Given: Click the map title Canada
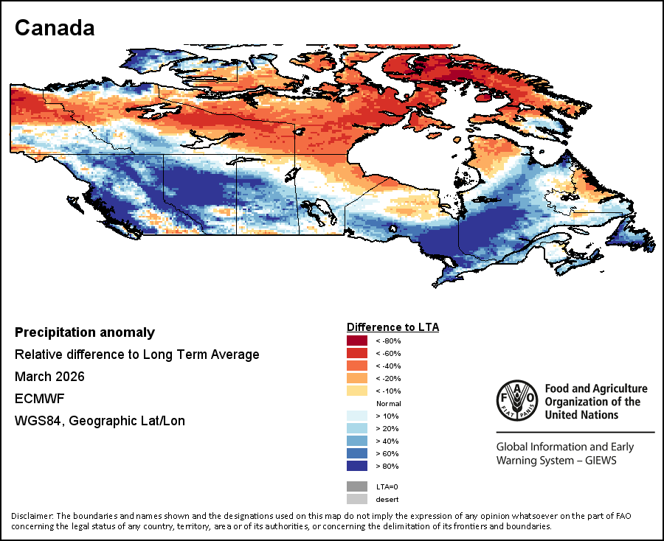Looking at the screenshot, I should point(55,28).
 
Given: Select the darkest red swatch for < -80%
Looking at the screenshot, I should point(356,341).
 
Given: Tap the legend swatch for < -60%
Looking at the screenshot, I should point(356,353).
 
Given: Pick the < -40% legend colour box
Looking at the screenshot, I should point(356,366).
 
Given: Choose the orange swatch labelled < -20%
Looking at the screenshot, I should point(356,378).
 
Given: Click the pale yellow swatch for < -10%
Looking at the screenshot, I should point(356,391).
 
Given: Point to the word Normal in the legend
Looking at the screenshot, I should point(389,404).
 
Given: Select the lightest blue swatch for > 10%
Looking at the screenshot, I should point(356,416).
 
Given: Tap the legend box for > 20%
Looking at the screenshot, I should point(356,428).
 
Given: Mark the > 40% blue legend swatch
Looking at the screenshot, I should point(356,441).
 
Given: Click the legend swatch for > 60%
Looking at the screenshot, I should point(356,453).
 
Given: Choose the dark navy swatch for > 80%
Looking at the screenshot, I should point(356,466).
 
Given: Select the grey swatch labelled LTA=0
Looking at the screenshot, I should point(356,486).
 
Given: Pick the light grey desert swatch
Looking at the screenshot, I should point(356,499).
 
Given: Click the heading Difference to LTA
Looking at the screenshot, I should point(392,327).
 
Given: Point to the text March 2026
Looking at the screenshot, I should point(49,377).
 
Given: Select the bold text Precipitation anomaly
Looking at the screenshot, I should point(85,332).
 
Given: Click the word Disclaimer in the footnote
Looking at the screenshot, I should point(32,515).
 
